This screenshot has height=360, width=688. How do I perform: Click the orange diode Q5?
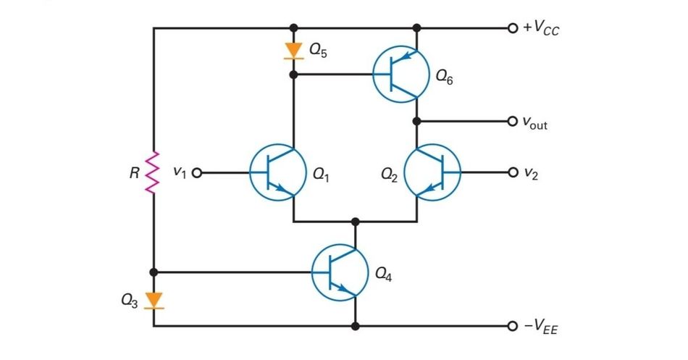tap(293, 50)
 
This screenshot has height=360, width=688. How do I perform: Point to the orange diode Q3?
tap(154, 300)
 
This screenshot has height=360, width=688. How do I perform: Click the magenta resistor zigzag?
tap(154, 173)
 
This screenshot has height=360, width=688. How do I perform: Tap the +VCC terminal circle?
tap(514, 29)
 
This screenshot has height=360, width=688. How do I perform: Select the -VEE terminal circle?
tap(514, 326)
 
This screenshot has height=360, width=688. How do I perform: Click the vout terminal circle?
tap(514, 121)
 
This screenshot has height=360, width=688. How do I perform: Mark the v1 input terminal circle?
tap(196, 173)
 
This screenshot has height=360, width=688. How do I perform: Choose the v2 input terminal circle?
tap(514, 173)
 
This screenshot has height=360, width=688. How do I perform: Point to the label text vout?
tap(535, 122)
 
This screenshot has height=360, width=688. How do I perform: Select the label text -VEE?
tap(541, 327)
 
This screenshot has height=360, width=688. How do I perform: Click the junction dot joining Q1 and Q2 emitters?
tap(355, 222)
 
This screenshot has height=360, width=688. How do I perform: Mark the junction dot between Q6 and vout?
tap(417, 121)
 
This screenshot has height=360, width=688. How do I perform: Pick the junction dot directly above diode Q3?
tap(154, 272)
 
